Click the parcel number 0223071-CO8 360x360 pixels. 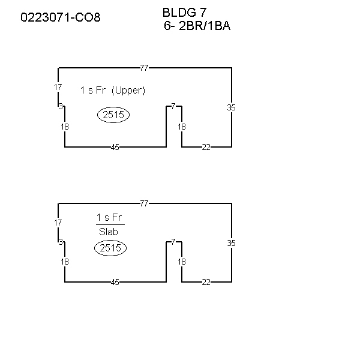tap(61, 17)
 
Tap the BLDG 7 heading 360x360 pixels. tap(185, 13)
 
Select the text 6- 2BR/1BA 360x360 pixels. tap(197, 25)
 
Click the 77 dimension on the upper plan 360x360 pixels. tap(144, 68)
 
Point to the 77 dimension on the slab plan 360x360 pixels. tap(144, 203)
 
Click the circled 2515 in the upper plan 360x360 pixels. tap(113, 115)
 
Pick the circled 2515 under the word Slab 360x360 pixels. tap(110, 248)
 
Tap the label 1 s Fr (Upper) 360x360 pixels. tap(113, 90)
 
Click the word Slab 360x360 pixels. tap(109, 232)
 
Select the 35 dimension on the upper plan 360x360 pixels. tap(231, 107)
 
